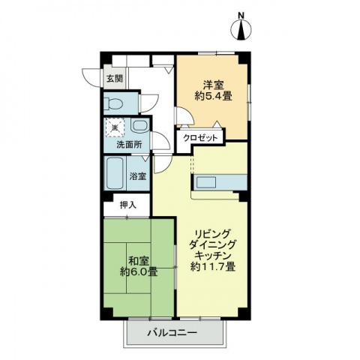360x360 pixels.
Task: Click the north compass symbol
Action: tap(241, 29)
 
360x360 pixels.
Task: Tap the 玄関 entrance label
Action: tap(115, 79)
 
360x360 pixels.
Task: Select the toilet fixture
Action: tap(112, 103)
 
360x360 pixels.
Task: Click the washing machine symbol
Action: tap(115, 127)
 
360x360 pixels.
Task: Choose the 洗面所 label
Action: tap(129, 145)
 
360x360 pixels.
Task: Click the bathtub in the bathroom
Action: tap(115, 173)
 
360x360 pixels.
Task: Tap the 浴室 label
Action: tap(138, 176)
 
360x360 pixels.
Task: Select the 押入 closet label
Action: tap(128, 205)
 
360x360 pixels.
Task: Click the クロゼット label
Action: tap(201, 138)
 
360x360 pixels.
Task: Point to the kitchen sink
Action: tap(206, 182)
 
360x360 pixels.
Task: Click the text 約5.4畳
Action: tap(214, 96)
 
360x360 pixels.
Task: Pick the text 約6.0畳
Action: tap(139, 271)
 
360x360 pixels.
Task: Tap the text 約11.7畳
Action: tap(213, 267)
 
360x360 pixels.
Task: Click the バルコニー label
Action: tap(172, 333)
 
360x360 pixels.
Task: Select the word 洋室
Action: tap(213, 85)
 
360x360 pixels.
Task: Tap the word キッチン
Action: tap(213, 256)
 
